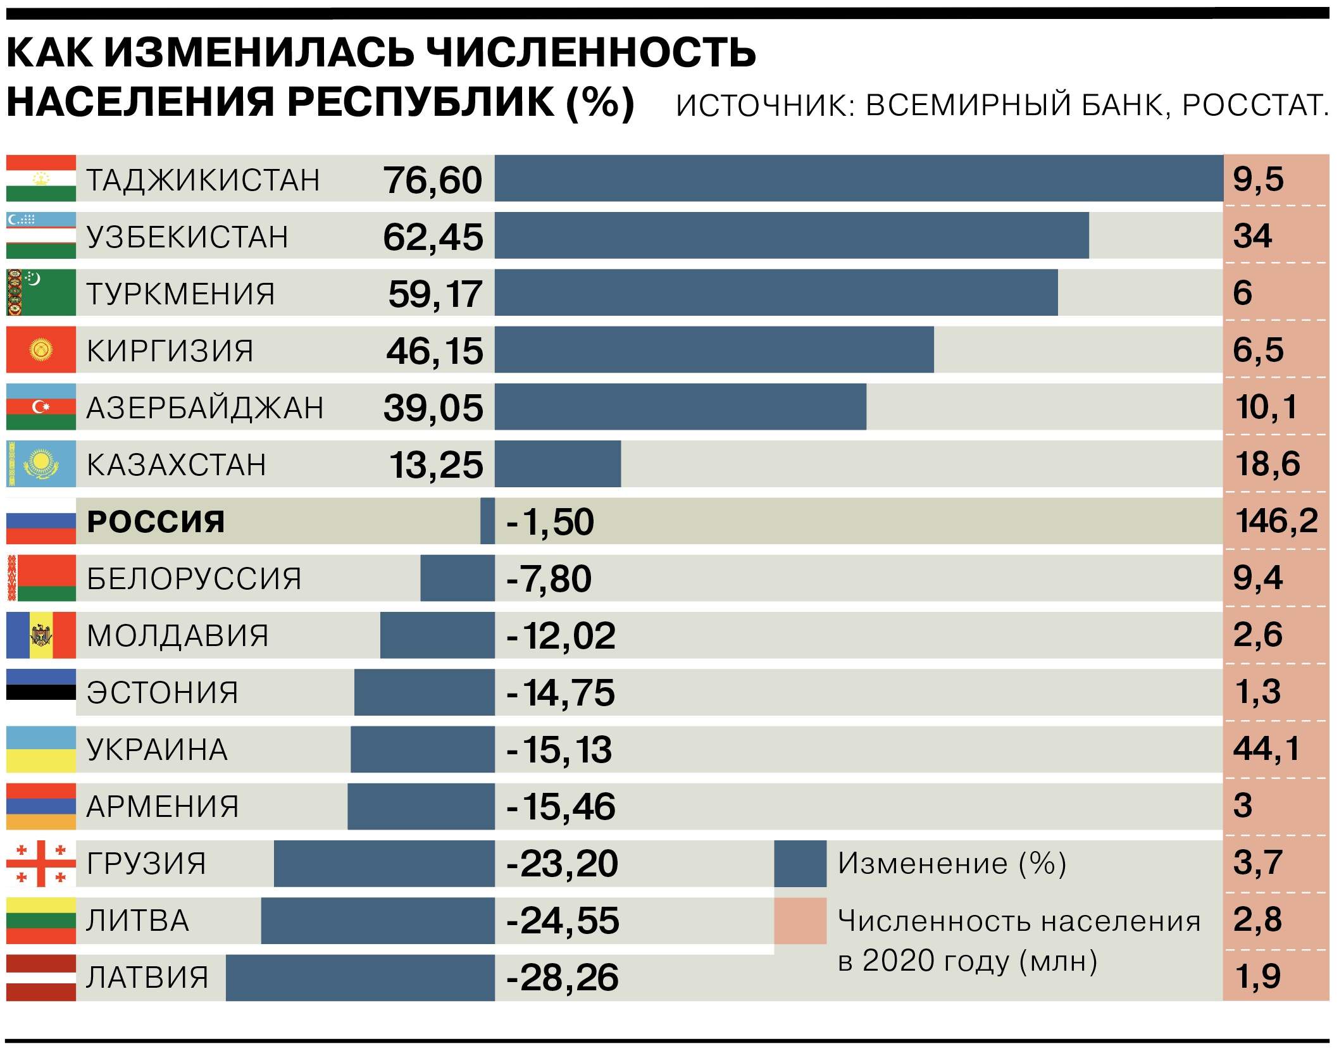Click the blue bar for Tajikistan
coord(858,178)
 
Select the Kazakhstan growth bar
coord(557,464)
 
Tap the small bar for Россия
coord(487,521)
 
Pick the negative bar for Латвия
coord(360,978)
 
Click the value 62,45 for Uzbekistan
coord(433,237)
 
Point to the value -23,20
coord(562,864)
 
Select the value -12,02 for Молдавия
coord(561,636)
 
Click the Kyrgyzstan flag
coord(41,350)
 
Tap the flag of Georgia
coord(41,864)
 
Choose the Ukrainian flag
coord(41,749)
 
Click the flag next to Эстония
coord(41,692)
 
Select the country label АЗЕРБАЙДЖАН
coord(205,408)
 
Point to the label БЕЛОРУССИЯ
coord(194,579)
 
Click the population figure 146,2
coord(1276,521)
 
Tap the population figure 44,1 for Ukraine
coord(1266,749)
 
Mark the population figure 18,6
coord(1267,464)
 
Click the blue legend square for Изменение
coord(800,864)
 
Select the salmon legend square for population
coord(800,921)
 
